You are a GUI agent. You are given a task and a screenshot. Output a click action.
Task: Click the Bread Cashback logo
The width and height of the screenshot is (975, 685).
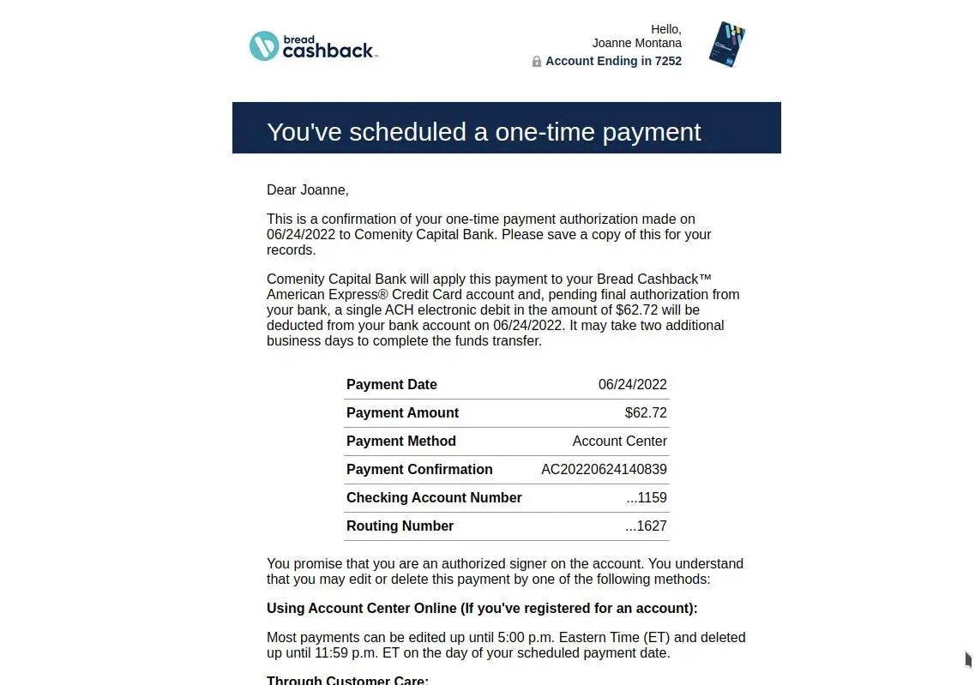312,46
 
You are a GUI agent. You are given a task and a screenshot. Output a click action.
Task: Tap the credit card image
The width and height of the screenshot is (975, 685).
727,45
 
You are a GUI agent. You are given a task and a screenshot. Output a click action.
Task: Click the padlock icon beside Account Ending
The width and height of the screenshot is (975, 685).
537,62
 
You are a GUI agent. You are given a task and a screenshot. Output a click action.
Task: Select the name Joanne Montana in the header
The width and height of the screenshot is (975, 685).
636,43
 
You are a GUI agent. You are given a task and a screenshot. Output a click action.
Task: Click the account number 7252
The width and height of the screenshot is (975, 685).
668,61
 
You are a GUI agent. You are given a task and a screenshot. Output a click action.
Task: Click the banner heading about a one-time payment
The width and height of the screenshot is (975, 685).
484,131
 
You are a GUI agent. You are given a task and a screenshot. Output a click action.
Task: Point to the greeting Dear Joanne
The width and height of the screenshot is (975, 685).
308,189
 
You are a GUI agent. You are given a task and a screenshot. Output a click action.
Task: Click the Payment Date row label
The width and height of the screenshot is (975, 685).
392,384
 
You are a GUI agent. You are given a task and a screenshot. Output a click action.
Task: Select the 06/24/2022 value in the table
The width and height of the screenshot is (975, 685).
632,384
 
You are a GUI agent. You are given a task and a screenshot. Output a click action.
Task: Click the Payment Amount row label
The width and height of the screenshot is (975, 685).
402,412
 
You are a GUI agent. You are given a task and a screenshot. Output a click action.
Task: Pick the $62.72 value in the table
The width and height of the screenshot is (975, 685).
646,412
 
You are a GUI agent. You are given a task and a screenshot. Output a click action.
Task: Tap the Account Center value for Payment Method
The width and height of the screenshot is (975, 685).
619,441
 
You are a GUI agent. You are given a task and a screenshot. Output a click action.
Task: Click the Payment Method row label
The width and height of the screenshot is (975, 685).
400,441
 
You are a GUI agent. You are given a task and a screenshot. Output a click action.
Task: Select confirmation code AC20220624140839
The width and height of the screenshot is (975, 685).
604,469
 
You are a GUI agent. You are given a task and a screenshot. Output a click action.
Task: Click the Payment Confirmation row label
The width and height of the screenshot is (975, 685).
419,469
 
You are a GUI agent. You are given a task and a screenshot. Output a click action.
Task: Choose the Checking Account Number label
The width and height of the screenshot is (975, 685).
434,497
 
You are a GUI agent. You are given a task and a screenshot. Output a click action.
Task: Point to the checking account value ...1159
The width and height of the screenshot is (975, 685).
647,497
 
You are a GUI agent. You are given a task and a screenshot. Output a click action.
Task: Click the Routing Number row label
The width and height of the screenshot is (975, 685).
400,526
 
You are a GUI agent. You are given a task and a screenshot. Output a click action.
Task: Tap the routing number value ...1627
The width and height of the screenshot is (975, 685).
646,526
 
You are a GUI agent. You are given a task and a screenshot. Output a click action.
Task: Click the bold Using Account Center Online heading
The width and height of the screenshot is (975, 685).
482,608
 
